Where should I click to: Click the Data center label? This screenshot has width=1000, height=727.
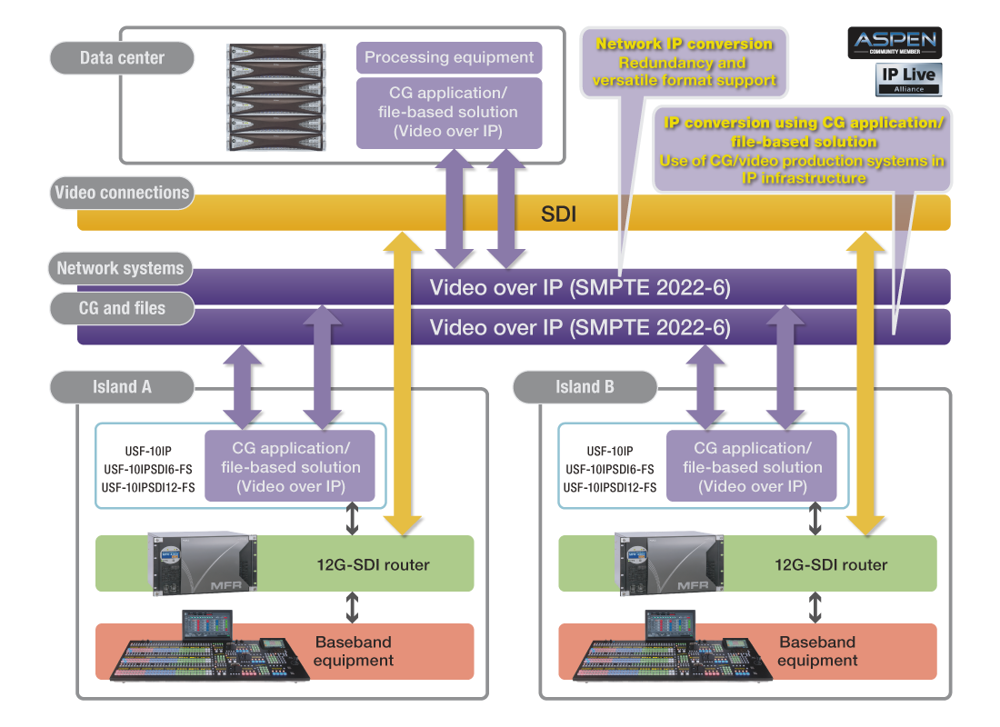coord(123,58)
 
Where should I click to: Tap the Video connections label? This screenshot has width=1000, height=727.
coord(123,193)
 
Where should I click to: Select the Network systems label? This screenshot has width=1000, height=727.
coord(121,268)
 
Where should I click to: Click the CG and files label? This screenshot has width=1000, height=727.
coord(123,308)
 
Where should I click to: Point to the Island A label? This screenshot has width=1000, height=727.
coord(123,387)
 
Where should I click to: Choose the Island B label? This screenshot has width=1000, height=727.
coord(585,387)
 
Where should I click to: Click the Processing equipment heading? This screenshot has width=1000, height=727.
coord(449,58)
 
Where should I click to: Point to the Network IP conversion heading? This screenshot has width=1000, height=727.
coord(684,44)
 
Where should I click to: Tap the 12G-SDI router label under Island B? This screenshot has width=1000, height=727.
coord(831,565)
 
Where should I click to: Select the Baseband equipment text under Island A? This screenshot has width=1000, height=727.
coord(354,651)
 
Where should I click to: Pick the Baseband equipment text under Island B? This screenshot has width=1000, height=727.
coord(817,651)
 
